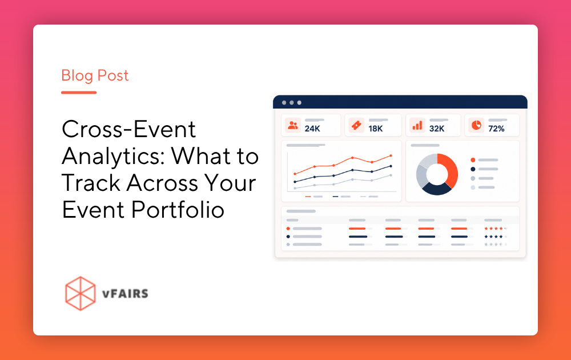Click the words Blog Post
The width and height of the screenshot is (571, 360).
[x=95, y=76]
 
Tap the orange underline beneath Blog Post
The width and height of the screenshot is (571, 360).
[x=79, y=93]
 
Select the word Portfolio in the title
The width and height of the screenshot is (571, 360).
[x=178, y=210]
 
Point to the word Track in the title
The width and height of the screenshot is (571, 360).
[x=91, y=183]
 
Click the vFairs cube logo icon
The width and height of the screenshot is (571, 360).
[x=81, y=293]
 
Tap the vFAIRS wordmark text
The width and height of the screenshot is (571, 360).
[x=125, y=294]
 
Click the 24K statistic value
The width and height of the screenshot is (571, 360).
[x=312, y=129]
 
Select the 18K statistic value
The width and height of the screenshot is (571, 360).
[x=376, y=129]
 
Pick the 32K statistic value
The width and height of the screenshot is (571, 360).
[x=437, y=129]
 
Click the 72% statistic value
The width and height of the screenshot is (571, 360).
[x=496, y=129]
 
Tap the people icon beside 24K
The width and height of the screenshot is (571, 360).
[x=293, y=125]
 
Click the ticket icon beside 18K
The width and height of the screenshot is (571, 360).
[x=356, y=125]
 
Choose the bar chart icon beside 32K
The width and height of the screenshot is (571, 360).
[x=417, y=125]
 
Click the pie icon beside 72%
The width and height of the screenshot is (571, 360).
[x=476, y=125]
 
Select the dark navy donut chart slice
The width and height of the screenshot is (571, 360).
[x=436, y=189]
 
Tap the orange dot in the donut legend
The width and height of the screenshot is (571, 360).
[x=473, y=160]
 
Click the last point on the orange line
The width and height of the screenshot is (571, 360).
[x=391, y=155]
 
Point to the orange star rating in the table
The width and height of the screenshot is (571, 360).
[x=496, y=229]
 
